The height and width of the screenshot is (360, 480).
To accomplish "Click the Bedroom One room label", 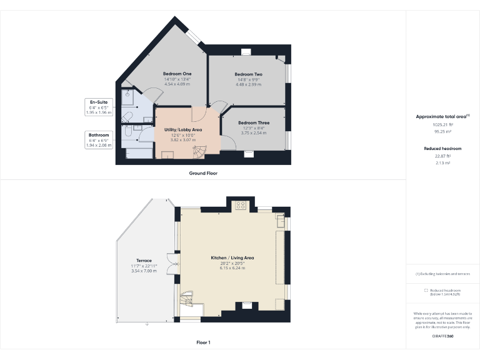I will point(177,74).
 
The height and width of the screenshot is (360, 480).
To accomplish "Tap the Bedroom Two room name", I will point(248,74).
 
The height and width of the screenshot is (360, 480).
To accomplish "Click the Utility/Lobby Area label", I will point(183,129).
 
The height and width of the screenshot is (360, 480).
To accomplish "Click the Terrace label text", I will point(144,261).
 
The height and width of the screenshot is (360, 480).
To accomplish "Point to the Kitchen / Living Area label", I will point(232,257).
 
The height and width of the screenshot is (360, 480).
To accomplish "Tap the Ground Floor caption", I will point(203,172).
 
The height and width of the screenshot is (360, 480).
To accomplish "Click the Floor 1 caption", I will point(203,343).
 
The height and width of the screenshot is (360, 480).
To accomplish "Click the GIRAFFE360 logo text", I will point(442,337).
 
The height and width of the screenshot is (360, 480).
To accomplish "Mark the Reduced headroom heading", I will point(442,149).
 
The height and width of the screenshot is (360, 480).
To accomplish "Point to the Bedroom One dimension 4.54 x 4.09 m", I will point(177,84).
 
